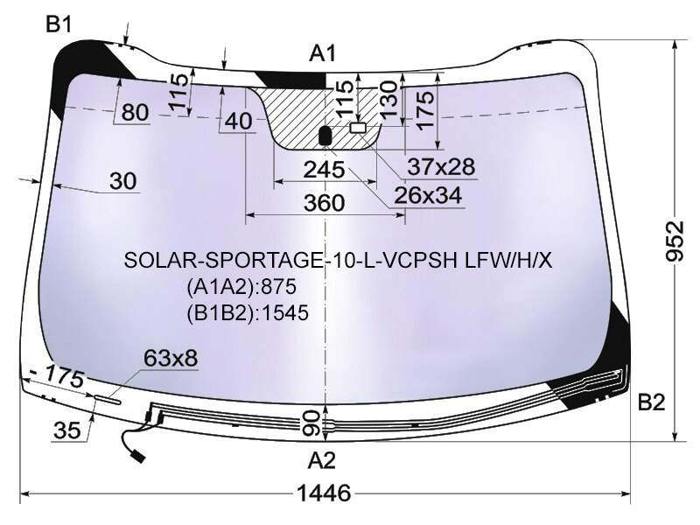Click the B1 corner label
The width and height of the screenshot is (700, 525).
tap(59, 24)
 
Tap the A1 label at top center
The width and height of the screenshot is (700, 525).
tap(322, 53)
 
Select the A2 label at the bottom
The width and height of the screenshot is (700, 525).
tap(321, 460)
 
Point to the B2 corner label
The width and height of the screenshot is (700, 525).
tap(651, 402)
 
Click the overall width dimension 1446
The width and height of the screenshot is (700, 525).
tap(324, 493)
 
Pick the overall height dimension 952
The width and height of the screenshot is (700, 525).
tap(675, 241)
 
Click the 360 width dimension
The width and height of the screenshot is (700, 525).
tap(325, 203)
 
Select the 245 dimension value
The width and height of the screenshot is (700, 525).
tap(324, 170)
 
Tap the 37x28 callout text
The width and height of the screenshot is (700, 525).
tap(441, 166)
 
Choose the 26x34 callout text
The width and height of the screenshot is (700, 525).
tap(428, 195)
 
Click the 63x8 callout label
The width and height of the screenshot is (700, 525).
tap(171, 358)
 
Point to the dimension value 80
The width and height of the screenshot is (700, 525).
tap(135, 112)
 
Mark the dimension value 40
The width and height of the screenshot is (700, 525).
tap(238, 121)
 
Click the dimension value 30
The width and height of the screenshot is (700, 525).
tap(122, 181)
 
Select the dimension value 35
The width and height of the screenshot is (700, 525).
tap(67, 430)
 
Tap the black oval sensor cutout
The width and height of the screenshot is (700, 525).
tap(325, 136)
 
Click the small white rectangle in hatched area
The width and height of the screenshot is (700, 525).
tap(358, 128)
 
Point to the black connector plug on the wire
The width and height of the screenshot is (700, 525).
tap(137, 456)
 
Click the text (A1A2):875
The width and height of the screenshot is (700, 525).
tap(241, 286)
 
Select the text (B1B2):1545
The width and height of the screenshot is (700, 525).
tap(248, 313)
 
